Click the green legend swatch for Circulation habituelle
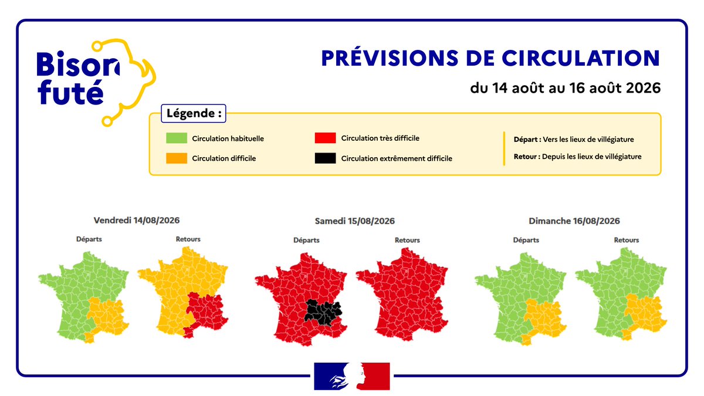(177, 138)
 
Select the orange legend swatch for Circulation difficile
(177, 158)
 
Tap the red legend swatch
(325, 138)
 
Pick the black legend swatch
(325, 158)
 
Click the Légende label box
(193, 113)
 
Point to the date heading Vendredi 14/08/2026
(137, 221)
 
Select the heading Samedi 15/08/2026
(355, 221)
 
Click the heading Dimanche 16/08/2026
(574, 221)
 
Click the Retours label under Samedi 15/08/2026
(407, 240)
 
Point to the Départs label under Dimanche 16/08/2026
(526, 240)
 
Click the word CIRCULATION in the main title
(580, 58)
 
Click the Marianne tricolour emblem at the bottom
(352, 376)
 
